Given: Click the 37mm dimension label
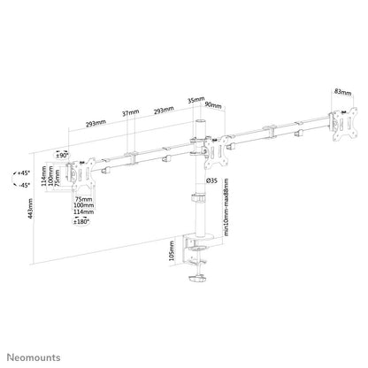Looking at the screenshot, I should coord(133,112).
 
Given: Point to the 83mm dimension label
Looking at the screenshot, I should coord(342,92).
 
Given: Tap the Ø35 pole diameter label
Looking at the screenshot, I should coord(212,182).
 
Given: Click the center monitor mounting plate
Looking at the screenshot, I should coord(210,150).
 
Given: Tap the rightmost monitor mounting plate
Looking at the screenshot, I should coord(337,123).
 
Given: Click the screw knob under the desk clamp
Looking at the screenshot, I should coord(194,281).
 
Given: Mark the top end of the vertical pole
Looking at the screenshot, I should coord(196,119).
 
